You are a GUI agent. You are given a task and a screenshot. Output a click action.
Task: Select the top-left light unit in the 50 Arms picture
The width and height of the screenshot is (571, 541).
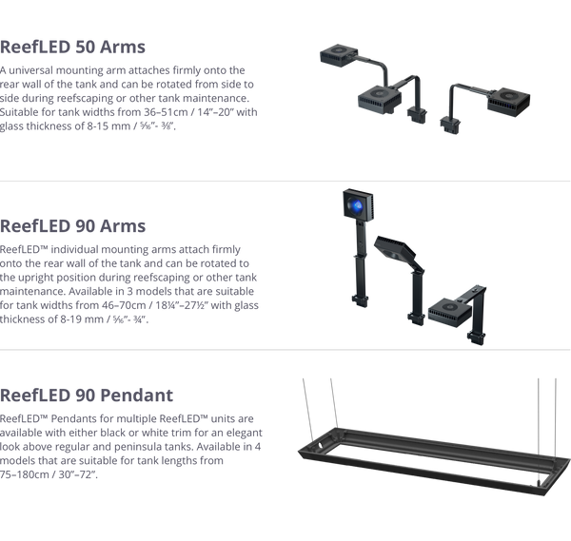(x=339, y=56)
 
